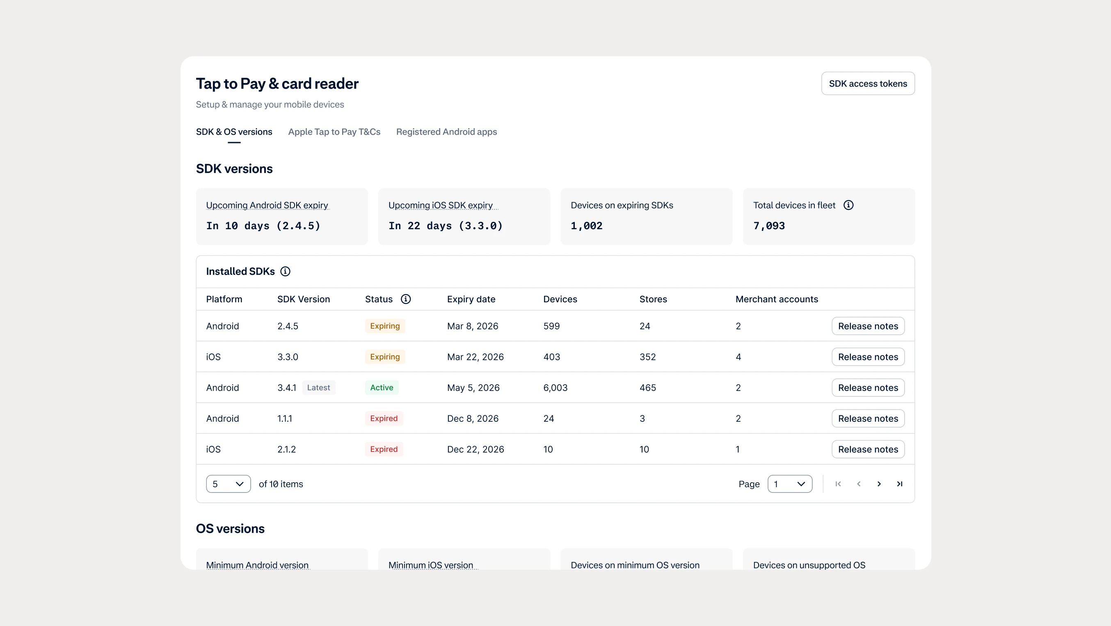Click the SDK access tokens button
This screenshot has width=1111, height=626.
coord(868,84)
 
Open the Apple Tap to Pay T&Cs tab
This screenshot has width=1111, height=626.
coord(334,132)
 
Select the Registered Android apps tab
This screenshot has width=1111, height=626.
coord(446,132)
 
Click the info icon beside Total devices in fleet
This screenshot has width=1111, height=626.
coord(848,205)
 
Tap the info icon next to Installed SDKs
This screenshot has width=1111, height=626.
coord(285,272)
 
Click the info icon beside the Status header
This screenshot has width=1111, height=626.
coord(405,299)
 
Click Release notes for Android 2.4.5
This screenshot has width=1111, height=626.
coord(868,327)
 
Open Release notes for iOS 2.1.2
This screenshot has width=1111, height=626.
coord(868,449)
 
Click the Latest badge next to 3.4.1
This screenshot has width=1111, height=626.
coord(318,388)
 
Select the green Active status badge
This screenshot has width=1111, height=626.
coord(382,388)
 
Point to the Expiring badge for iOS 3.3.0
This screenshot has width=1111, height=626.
coord(385,357)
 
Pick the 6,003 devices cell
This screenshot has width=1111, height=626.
coord(555,388)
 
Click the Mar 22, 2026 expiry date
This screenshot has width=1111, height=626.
coord(475,357)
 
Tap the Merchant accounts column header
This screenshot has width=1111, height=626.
coord(777,299)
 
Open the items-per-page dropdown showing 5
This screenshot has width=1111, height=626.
coord(228,484)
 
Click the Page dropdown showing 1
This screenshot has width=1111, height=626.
coord(790,484)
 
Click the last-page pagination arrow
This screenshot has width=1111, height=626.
coord(900,484)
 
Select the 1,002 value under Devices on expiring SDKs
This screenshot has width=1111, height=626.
coord(587,226)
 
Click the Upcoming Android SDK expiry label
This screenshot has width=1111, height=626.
coord(267,205)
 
